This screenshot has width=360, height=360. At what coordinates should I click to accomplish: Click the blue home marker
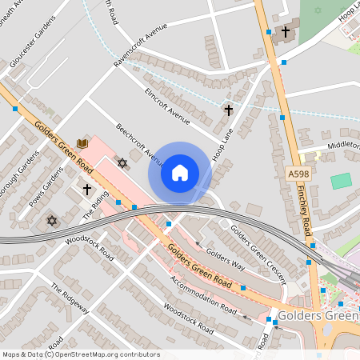point(180,173)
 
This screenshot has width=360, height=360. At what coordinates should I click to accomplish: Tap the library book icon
point(82,143)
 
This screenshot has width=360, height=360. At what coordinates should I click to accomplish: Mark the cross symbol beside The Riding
point(87,190)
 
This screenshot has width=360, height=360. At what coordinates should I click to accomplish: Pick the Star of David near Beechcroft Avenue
point(122,163)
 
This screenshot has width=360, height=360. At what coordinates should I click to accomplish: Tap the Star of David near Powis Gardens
point(53,220)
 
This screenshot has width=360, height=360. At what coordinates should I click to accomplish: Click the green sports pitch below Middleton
point(341,181)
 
